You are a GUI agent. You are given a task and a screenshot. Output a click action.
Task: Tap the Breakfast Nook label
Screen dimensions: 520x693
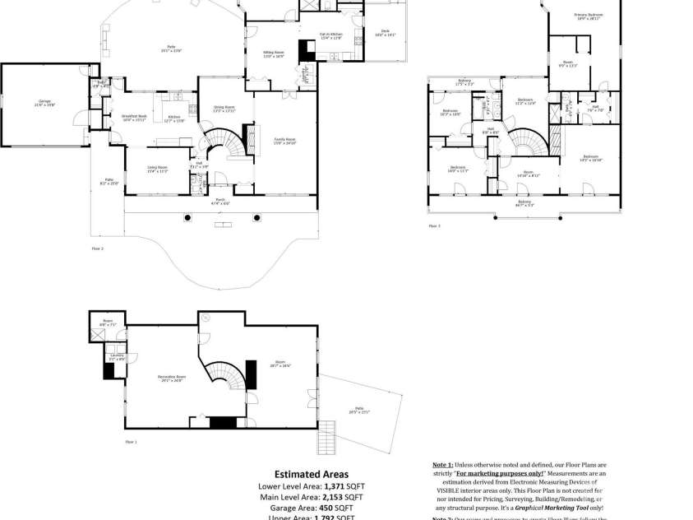134,118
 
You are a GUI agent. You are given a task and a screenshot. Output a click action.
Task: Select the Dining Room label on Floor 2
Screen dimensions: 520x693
224,108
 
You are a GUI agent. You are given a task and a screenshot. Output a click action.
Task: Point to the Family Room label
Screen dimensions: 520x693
284,141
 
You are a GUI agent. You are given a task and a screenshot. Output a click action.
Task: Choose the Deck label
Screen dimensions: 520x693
385,34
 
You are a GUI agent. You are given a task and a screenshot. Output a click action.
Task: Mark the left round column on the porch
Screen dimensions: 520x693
188,217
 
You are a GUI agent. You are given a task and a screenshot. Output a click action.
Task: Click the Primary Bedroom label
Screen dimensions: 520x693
588,16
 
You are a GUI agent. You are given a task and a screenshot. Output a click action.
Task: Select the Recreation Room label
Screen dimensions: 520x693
170,378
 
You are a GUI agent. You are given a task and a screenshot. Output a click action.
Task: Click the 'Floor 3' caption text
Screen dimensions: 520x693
433,225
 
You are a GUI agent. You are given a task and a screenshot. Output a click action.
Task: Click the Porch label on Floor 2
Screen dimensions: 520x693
220,200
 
